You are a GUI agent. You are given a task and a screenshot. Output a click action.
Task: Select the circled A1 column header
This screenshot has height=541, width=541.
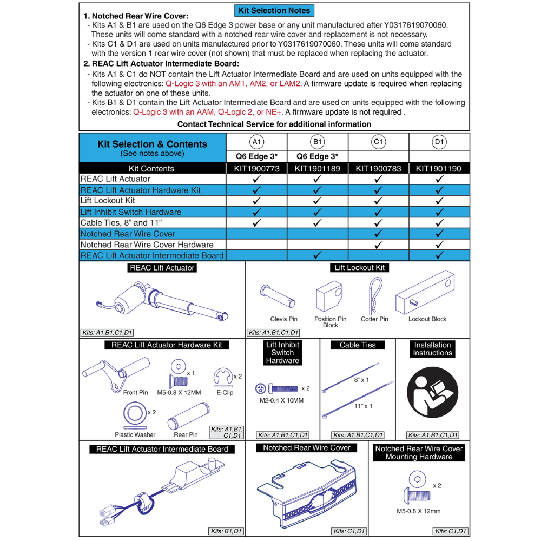[x=256, y=142]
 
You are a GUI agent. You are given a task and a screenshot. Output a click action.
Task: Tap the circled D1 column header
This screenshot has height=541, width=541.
[x=439, y=142]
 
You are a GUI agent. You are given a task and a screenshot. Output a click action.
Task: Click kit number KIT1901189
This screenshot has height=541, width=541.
[x=318, y=169]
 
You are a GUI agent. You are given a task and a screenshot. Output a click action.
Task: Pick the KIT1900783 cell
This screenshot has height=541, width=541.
[x=378, y=169]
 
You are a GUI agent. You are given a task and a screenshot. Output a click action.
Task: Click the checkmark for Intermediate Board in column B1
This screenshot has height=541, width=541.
[x=318, y=255]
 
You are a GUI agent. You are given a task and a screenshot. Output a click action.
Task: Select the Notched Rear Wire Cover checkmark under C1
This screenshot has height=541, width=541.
[x=379, y=234]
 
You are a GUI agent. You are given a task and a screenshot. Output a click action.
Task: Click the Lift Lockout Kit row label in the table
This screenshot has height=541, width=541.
[x=108, y=201]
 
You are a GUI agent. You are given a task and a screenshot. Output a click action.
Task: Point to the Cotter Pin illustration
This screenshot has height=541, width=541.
[x=374, y=295]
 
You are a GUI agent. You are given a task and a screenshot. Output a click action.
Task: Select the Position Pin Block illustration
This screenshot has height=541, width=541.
[x=328, y=298]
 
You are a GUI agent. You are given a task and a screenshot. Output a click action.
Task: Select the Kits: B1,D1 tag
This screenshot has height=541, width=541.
[x=226, y=531]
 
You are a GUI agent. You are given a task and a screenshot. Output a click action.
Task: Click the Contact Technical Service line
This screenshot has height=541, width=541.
[x=274, y=124]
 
